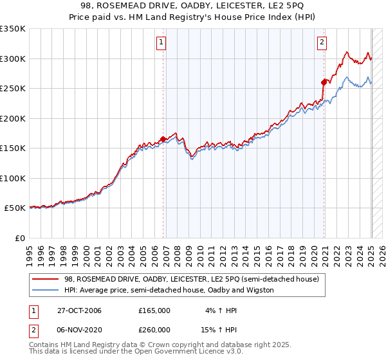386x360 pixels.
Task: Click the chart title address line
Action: tap(192, 5)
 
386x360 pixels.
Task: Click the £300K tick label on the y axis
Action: tap(13, 59)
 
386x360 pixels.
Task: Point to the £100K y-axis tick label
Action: tap(13, 178)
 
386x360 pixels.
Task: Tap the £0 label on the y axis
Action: tap(19, 238)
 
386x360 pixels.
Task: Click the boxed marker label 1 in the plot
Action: tap(160, 43)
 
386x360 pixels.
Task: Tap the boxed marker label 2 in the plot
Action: tap(321, 43)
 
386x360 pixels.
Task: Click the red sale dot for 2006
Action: tap(164, 139)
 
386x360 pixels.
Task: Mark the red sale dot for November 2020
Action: tap(324, 82)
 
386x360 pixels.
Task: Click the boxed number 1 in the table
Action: tap(32, 310)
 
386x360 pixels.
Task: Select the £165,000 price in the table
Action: tap(154, 310)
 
